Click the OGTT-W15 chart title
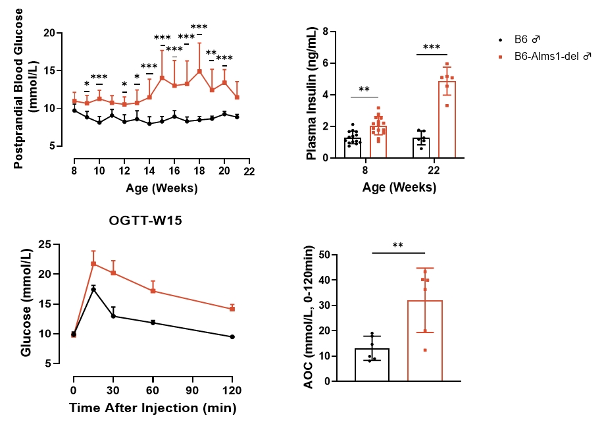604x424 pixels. tap(145, 221)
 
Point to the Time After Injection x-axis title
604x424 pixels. tap(153, 408)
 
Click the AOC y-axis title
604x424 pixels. tap(310, 316)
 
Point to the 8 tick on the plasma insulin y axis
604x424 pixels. tap(324, 31)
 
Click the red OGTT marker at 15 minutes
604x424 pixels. tap(93, 263)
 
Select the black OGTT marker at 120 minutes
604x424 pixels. tap(232, 336)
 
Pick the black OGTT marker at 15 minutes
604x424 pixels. tap(93, 289)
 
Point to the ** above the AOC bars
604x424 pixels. tap(397, 246)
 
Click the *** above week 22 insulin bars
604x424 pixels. tap(432, 47)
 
